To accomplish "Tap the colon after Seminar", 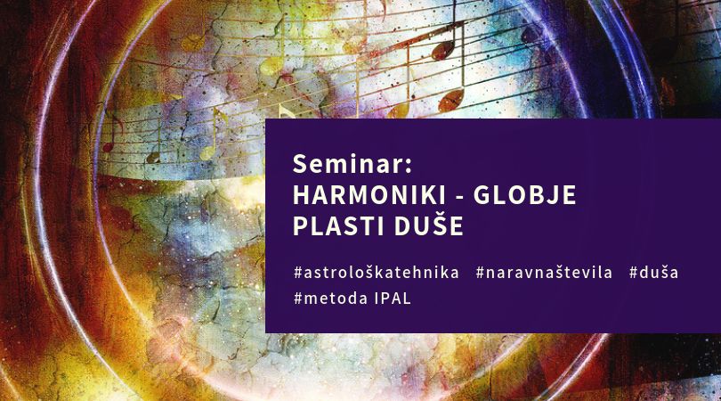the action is point(409,167).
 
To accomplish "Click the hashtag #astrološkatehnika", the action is point(377,273).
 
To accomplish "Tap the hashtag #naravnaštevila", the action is point(544,273).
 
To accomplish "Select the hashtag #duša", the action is point(653,272).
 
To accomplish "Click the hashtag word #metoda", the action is point(330,299).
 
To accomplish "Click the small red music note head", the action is point(108,147).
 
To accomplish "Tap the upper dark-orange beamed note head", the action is point(442,50).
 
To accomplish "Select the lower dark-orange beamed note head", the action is point(450,101).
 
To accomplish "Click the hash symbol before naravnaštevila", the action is point(480,273).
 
